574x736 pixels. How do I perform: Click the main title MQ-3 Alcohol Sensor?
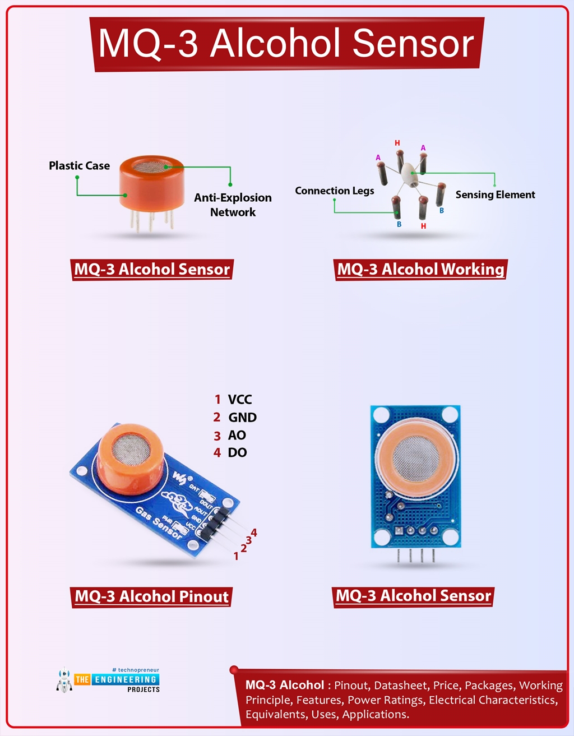click(x=286, y=44)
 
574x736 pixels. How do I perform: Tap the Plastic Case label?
click(x=79, y=166)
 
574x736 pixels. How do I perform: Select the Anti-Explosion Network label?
click(x=233, y=205)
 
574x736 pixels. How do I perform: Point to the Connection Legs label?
click(x=334, y=191)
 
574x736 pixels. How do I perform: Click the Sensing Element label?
click(x=495, y=195)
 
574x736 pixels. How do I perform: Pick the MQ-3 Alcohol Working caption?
click(x=420, y=270)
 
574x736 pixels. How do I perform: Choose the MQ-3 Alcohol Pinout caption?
click(x=152, y=596)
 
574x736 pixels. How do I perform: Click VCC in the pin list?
click(x=239, y=400)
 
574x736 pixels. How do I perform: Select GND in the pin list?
click(x=242, y=418)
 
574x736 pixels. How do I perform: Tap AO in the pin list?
click(x=237, y=436)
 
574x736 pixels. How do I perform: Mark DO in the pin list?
click(x=237, y=453)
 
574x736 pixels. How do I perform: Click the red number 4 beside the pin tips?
click(x=254, y=533)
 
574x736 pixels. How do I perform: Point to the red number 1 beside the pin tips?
click(x=236, y=557)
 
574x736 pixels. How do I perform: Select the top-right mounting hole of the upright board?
click(x=448, y=415)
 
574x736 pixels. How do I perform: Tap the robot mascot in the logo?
click(x=64, y=680)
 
